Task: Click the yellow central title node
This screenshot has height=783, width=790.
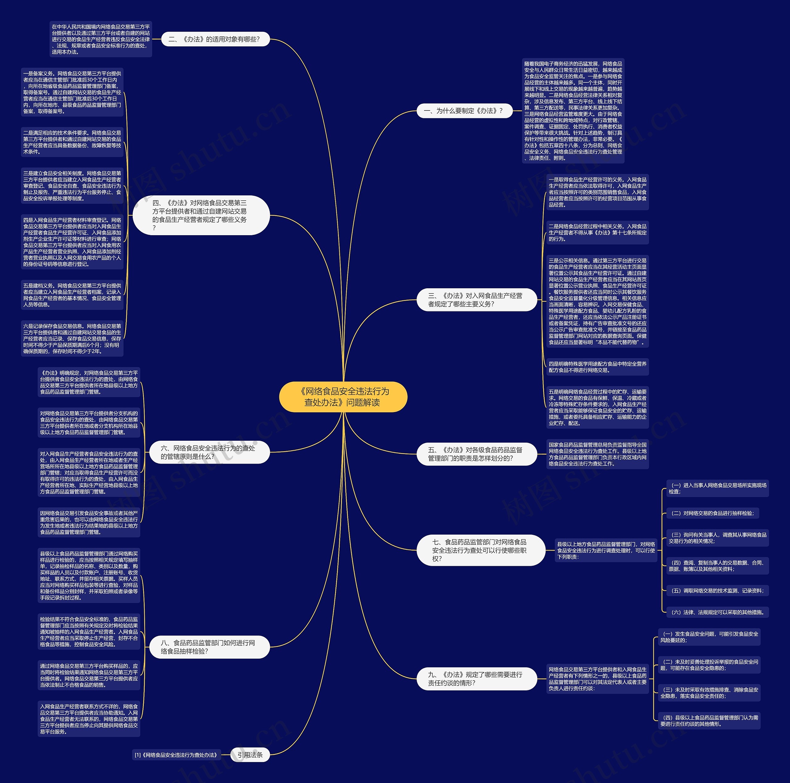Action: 343,397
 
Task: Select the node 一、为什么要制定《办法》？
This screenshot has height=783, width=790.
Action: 464,111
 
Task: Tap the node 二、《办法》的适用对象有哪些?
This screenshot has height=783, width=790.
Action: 215,39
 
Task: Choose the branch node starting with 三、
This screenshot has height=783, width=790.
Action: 476,300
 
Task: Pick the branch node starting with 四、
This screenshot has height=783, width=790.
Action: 201,215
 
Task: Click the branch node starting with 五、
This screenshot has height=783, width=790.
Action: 476,454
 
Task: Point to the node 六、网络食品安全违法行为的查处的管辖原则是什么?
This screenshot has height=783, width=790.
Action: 209,452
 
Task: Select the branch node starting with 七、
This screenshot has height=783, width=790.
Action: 480,550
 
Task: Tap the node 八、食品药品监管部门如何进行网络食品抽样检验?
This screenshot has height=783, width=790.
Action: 209,647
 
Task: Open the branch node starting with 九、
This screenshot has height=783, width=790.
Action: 476,679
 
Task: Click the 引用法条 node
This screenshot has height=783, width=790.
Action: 250,755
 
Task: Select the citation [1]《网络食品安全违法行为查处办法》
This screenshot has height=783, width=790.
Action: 176,755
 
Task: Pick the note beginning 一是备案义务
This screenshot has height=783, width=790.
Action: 72,92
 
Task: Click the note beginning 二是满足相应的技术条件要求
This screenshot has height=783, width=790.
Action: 72,142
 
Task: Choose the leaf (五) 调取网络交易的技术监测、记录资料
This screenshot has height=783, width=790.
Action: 717,590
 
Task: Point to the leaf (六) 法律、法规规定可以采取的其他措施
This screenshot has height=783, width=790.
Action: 717,612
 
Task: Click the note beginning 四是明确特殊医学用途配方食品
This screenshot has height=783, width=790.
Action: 597,367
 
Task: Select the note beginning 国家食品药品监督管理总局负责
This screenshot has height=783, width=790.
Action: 597,454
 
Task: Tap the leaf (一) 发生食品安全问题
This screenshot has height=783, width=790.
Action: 709,637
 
